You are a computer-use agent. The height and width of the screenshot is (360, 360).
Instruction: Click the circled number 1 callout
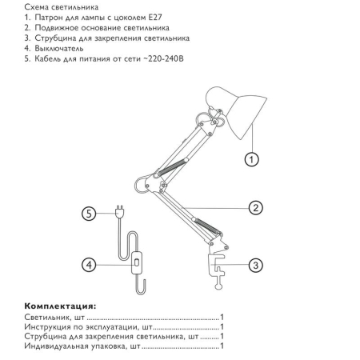(251, 159)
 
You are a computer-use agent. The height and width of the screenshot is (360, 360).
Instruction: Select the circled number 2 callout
(255, 208)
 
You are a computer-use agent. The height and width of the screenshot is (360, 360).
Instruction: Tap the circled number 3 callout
(255, 266)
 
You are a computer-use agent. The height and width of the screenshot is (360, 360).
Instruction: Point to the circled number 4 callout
(89, 265)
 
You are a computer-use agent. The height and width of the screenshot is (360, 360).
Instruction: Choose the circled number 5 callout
(89, 214)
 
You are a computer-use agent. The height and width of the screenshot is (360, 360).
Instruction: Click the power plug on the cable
(120, 211)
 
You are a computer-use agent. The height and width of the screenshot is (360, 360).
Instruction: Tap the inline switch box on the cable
(137, 263)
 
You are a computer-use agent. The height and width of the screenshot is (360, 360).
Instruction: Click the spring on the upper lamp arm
(172, 166)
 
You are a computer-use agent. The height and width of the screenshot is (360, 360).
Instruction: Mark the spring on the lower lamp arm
(207, 226)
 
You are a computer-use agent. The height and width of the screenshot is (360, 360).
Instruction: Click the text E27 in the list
(154, 18)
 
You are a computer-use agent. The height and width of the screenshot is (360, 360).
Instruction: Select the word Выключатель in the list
(59, 49)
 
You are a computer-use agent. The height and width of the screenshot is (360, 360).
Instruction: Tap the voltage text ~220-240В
(163, 58)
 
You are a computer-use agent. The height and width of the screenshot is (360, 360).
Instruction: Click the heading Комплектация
(60, 306)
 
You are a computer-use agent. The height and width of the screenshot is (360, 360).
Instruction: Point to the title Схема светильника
(62, 7)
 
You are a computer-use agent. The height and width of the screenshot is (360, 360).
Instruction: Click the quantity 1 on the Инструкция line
(222, 326)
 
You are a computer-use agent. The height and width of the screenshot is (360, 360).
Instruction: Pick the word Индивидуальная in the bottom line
(56, 346)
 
